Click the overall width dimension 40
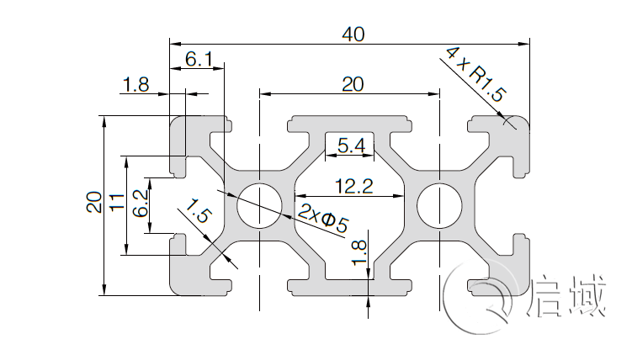coord(353,34)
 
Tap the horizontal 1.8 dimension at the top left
coord(135,84)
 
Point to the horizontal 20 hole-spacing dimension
coord(352,83)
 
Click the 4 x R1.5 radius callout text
coord(475,75)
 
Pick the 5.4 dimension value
coord(351,146)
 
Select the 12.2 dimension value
coord(353,187)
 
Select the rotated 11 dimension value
coord(117,202)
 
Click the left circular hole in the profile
coord(260,204)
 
